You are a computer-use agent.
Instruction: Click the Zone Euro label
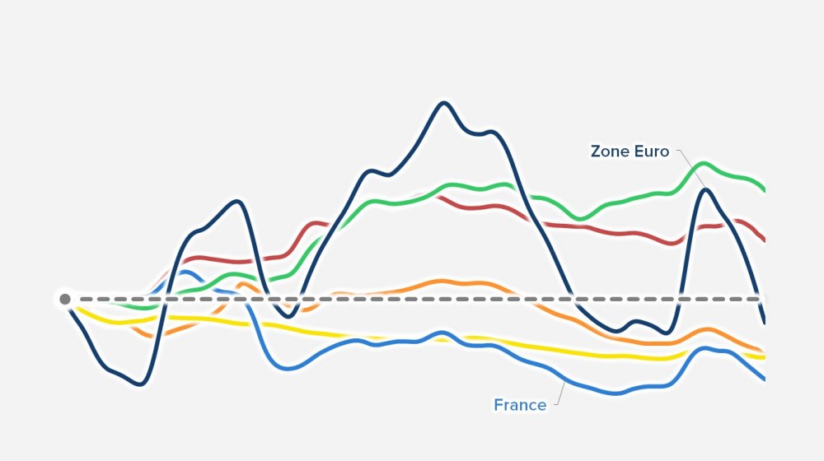[630, 151]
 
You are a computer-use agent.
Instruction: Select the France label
[519, 405]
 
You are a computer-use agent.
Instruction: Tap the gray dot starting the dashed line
[65, 299]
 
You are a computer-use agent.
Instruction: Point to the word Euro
[651, 151]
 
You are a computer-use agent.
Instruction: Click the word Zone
[610, 151]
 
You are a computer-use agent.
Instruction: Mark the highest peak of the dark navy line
[444, 103]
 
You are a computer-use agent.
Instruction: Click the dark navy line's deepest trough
[141, 384]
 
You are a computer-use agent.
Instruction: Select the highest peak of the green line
[703, 164]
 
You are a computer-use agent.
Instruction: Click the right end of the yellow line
[764, 357]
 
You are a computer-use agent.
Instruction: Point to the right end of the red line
[764, 240]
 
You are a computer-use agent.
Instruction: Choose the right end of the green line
[764, 190]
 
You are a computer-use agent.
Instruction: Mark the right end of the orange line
[764, 352]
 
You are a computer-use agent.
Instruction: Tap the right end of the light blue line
[764, 379]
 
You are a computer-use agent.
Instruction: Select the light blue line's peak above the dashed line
[185, 272]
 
